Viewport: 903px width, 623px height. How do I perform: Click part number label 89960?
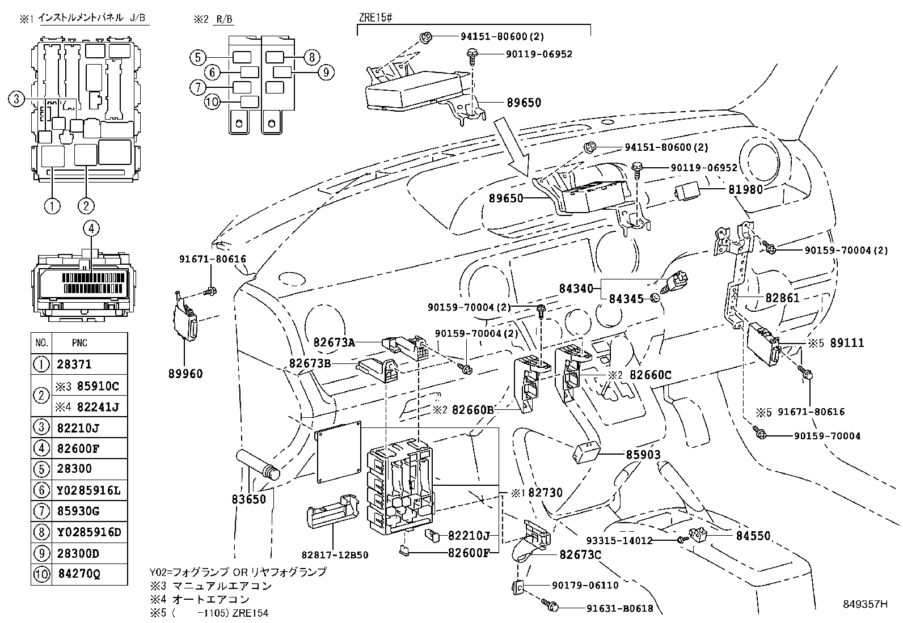[185, 374]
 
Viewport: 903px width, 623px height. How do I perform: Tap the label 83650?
[248, 500]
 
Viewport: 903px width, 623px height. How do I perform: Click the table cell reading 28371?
[74, 365]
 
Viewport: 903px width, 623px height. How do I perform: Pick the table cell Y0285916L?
[89, 490]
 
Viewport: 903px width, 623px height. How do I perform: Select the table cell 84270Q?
[79, 574]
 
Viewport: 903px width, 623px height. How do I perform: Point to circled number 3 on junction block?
[16, 99]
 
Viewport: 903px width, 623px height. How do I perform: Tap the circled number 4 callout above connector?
[91, 228]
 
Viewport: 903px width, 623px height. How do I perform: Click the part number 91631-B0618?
[620, 609]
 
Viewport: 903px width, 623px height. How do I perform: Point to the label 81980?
[745, 190]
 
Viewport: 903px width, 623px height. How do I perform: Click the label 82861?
[782, 298]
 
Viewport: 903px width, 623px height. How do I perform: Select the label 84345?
[626, 298]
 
